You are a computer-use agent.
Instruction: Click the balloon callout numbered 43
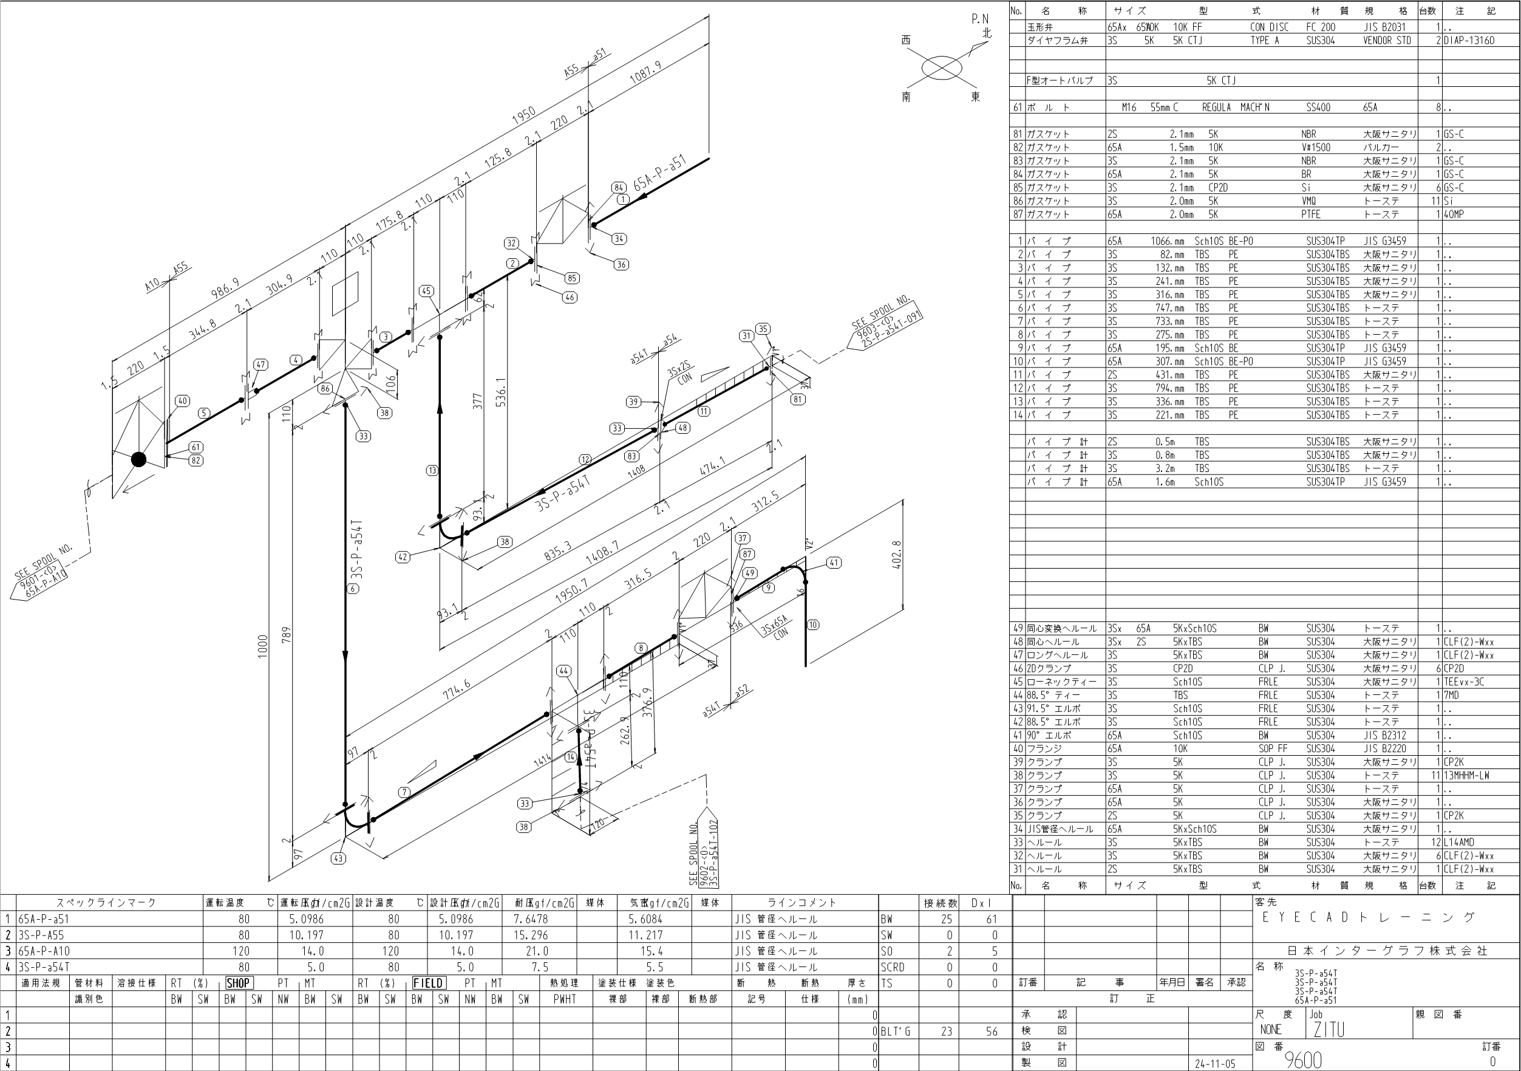click(339, 858)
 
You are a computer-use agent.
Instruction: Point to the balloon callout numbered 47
click(260, 364)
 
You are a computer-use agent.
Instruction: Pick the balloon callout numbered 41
click(834, 563)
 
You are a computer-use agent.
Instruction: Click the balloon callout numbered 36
click(621, 264)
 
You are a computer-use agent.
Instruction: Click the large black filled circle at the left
click(138, 459)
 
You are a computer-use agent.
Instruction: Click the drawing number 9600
click(1303, 1059)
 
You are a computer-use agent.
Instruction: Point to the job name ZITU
click(1329, 1029)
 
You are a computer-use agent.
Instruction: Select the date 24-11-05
click(1215, 1064)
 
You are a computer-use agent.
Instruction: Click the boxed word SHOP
click(238, 983)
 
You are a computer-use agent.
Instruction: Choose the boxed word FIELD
click(428, 983)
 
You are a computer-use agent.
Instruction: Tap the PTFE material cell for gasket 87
click(1310, 214)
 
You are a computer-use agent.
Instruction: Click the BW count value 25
click(946, 919)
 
